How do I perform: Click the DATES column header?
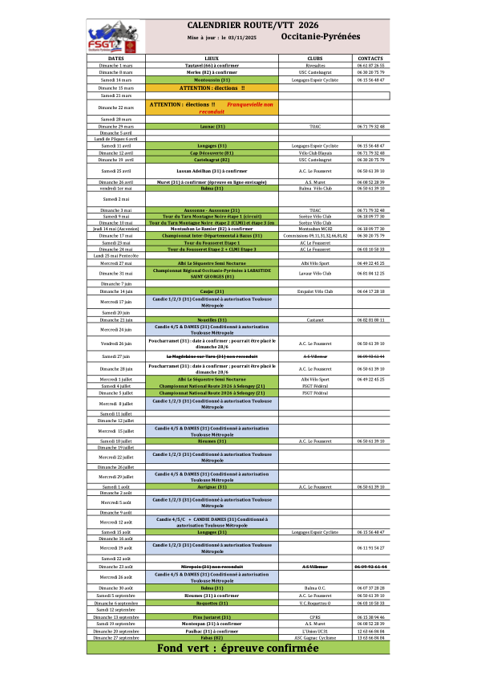point(115,59)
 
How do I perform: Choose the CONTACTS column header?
point(370,59)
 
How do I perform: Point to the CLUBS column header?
point(314,59)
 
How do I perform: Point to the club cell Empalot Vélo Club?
point(314,291)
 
